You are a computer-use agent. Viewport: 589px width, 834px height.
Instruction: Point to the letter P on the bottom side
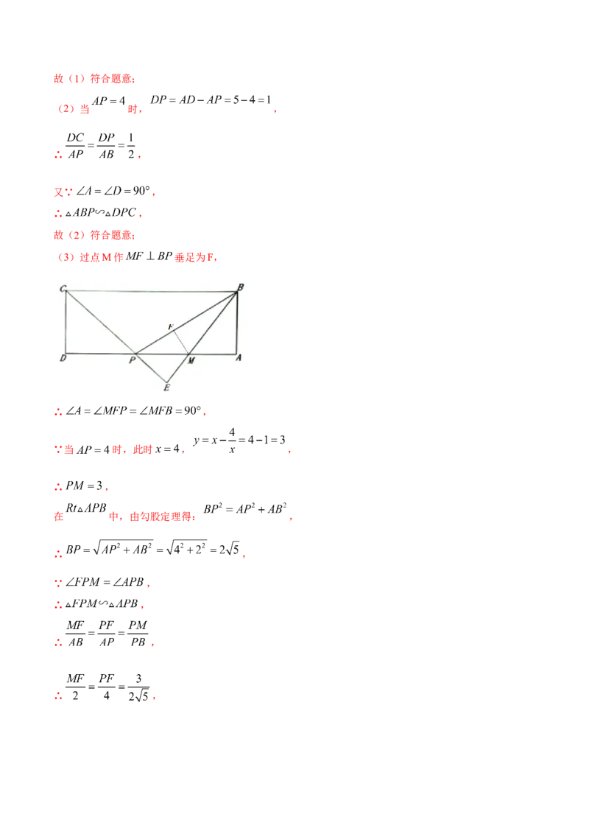[x=132, y=360]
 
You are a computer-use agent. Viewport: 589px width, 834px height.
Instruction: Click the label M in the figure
[x=191, y=361]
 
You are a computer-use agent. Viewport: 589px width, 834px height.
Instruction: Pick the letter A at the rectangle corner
[x=239, y=359]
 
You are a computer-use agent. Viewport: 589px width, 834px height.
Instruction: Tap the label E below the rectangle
[x=167, y=387]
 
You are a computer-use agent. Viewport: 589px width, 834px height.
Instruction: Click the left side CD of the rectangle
[x=66, y=322]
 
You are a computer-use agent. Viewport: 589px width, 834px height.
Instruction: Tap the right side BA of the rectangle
[x=237, y=322]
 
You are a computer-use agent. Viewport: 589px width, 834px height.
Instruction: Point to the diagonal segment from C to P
[x=100, y=322]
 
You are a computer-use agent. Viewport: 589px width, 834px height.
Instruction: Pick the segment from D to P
[x=99, y=353]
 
